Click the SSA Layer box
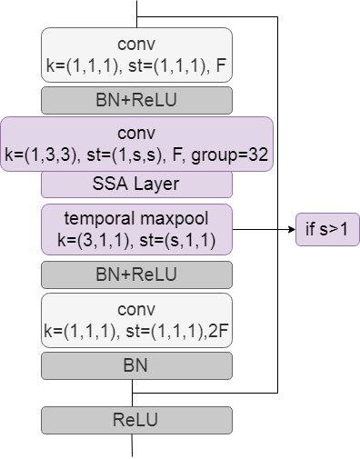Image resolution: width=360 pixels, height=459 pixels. point(136,185)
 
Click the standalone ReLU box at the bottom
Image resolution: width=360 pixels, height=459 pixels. point(136,420)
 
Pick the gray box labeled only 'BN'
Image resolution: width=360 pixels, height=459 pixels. point(136,365)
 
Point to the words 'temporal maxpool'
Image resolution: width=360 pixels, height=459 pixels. point(136,220)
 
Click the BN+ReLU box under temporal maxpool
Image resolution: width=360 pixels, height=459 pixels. point(136,274)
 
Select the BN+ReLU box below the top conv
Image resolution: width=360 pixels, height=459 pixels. point(136,100)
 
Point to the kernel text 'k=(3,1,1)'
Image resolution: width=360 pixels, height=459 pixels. point(79,242)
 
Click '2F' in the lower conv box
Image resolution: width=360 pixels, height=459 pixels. point(219,331)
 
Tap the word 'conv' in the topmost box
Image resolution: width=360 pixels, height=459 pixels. point(136,44)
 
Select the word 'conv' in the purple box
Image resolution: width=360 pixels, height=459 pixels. point(136,134)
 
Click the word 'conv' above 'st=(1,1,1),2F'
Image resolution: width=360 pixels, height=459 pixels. point(136,310)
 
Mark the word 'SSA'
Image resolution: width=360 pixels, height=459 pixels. point(111,185)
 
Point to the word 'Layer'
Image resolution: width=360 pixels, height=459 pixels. point(156,185)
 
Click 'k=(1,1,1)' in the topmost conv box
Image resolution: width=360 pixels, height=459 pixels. point(78,65)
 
